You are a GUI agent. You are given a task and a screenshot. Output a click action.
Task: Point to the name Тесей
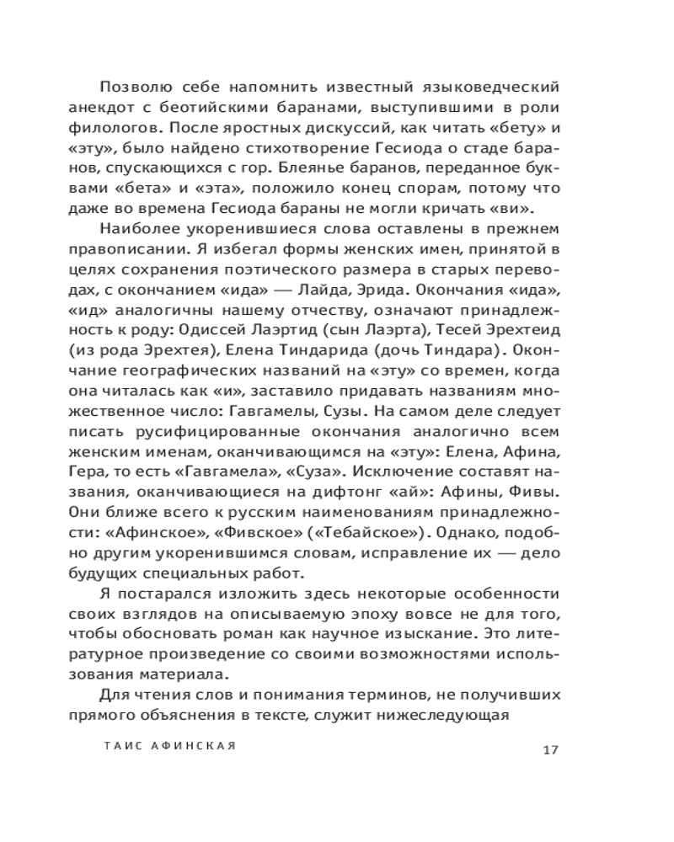pos(455,333)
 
